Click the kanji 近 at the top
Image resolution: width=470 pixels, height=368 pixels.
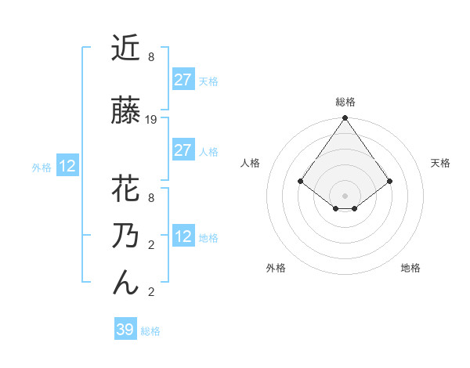126,49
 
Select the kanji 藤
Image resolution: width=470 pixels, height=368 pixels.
126,111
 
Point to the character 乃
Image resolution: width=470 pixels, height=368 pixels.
126,236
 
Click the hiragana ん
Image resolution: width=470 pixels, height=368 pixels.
126,283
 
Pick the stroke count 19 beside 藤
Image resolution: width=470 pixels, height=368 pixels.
151,120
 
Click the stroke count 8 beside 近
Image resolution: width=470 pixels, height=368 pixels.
151,57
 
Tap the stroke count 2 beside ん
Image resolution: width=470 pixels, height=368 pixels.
151,292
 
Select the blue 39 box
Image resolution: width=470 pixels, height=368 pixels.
125,330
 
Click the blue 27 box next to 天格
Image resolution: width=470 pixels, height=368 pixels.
183,80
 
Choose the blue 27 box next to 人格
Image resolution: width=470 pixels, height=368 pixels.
183,150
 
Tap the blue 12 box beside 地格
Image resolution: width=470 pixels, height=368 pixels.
183,236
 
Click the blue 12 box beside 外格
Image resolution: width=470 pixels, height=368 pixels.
67,166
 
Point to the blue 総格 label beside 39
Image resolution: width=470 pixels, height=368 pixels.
150,331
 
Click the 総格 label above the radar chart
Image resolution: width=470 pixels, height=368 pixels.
345,103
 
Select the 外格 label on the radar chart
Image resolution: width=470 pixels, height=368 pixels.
276,269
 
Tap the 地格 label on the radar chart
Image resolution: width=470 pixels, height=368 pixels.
410,269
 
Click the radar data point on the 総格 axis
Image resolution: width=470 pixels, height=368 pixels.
345,119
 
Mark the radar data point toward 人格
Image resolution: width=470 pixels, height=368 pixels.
301,182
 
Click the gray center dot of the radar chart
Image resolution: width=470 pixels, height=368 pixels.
345,195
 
